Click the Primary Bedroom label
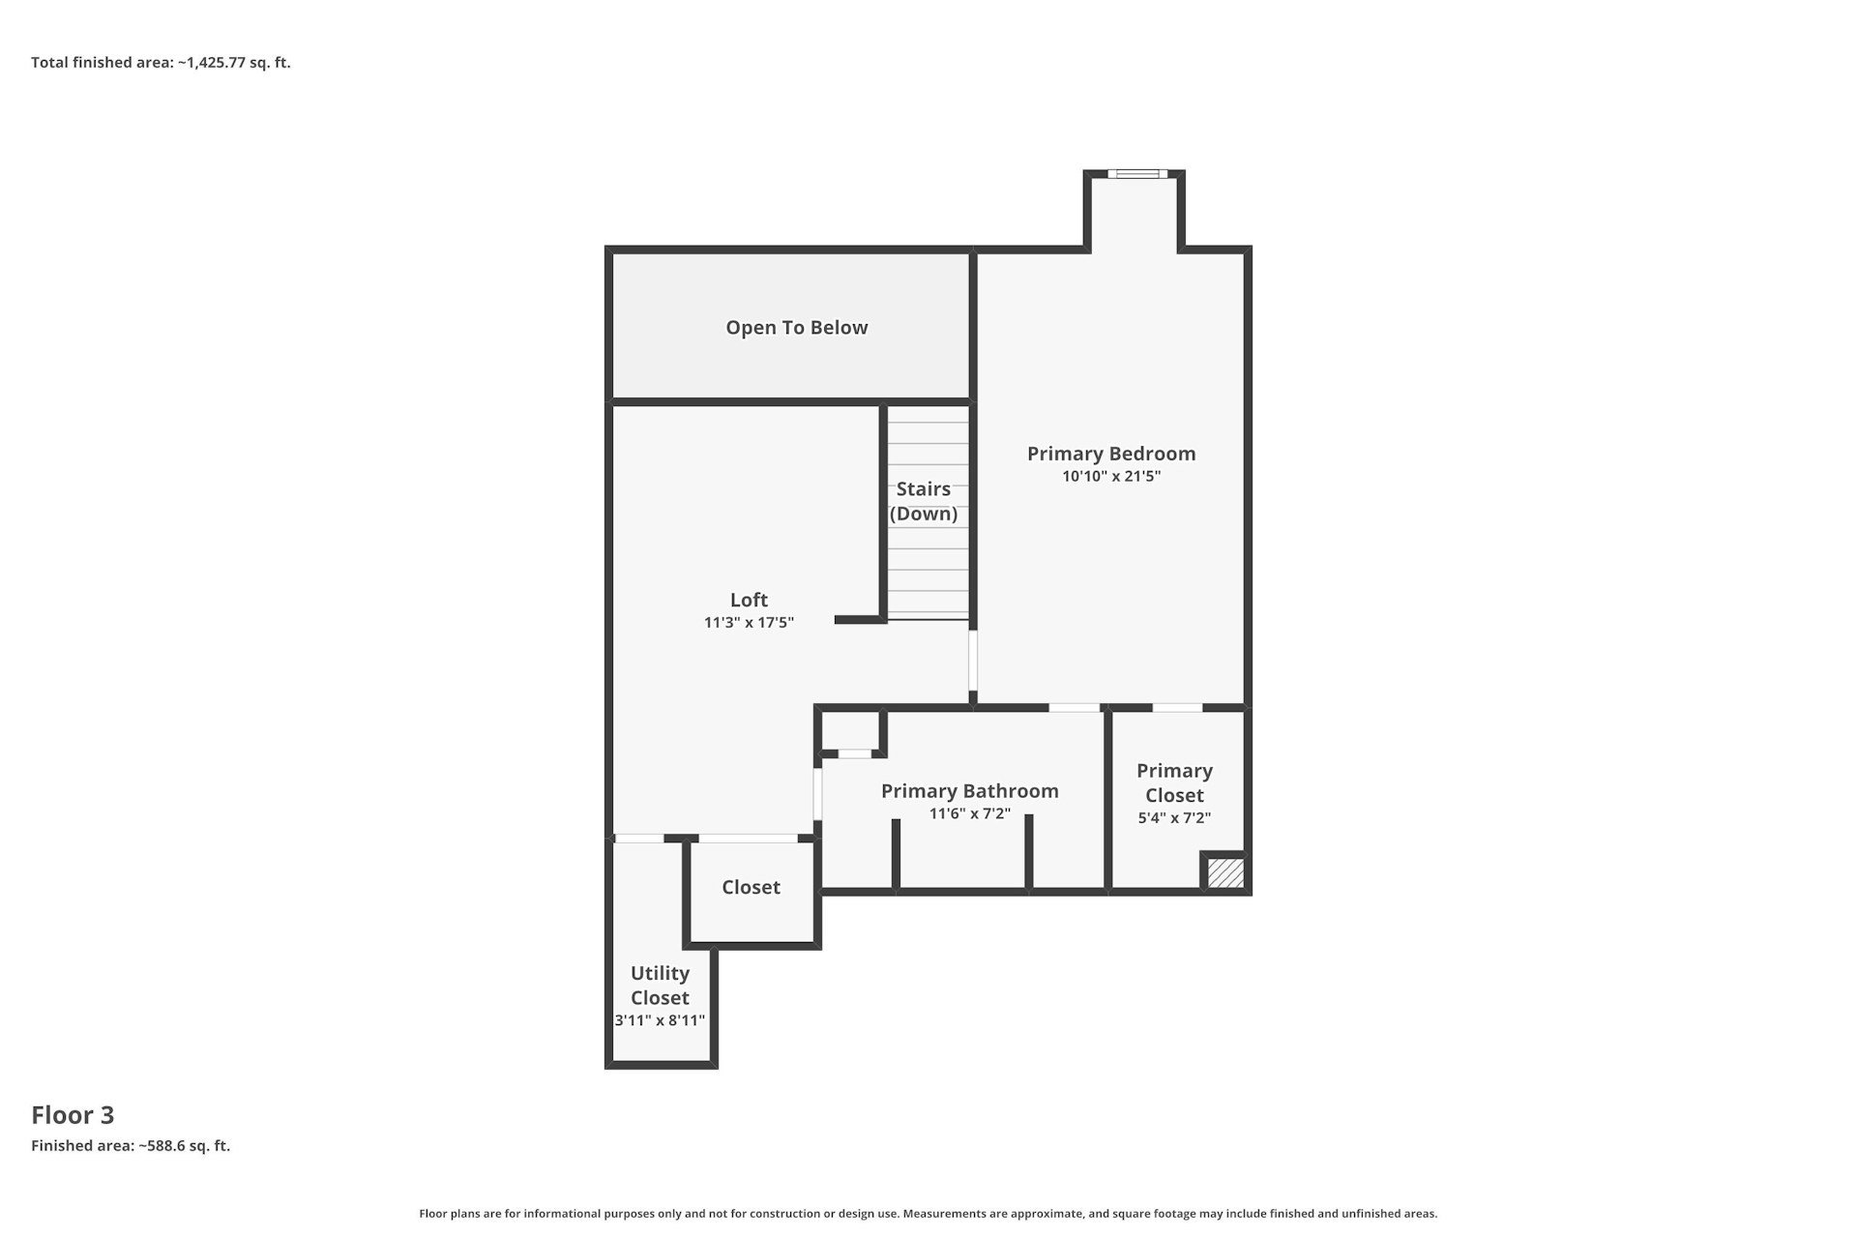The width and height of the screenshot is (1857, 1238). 1111,454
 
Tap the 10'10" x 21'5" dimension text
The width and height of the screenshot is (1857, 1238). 1111,476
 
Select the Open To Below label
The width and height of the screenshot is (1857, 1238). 797,328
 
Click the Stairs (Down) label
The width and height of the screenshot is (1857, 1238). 924,501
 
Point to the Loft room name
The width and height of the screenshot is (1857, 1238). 749,600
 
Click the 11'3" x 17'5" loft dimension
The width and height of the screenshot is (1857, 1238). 749,622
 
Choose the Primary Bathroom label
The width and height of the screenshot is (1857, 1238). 970,791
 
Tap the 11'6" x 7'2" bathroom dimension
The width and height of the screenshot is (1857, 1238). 970,813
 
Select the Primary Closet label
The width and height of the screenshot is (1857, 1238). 1175,782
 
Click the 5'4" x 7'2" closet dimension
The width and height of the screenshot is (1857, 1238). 1175,817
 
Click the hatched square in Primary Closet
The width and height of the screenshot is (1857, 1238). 1225,872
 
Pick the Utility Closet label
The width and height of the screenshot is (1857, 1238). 660,986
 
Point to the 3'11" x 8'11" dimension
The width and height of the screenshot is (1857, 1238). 660,1020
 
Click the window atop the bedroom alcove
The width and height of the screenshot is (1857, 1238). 1137,174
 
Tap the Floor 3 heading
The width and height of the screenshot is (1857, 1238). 73,1115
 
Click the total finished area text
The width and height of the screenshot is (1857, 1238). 161,63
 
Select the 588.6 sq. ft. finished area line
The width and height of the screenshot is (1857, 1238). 131,1146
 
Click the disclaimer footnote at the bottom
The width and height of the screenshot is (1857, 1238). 928,1214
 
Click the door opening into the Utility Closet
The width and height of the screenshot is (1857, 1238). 639,839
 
